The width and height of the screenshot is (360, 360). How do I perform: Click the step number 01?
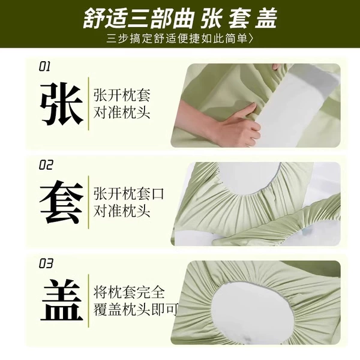pos(44,67)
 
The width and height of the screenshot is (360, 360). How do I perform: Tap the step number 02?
pos(46,165)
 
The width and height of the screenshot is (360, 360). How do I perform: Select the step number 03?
pos(46,263)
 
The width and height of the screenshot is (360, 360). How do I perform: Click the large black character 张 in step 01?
pos(62,104)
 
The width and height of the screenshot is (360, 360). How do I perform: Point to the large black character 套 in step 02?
pos(62,202)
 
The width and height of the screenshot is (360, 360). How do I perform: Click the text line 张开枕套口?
pos(129,194)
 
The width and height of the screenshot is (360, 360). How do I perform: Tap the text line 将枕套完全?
pos(129,292)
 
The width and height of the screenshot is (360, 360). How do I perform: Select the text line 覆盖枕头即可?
pos(136,310)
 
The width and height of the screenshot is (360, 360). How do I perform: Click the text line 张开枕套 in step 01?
pos(122,95)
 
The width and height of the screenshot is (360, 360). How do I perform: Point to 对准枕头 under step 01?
pos(122,113)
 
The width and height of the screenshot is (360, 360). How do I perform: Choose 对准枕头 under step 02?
pos(122,211)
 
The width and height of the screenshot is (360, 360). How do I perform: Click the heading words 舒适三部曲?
pos(139,18)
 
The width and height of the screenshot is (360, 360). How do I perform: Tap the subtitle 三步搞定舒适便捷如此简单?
pos(176,38)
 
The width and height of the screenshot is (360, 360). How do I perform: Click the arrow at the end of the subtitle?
pos(251,38)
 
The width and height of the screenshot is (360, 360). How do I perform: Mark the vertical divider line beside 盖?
pos(88,301)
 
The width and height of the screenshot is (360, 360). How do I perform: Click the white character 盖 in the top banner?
pos(266,18)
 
